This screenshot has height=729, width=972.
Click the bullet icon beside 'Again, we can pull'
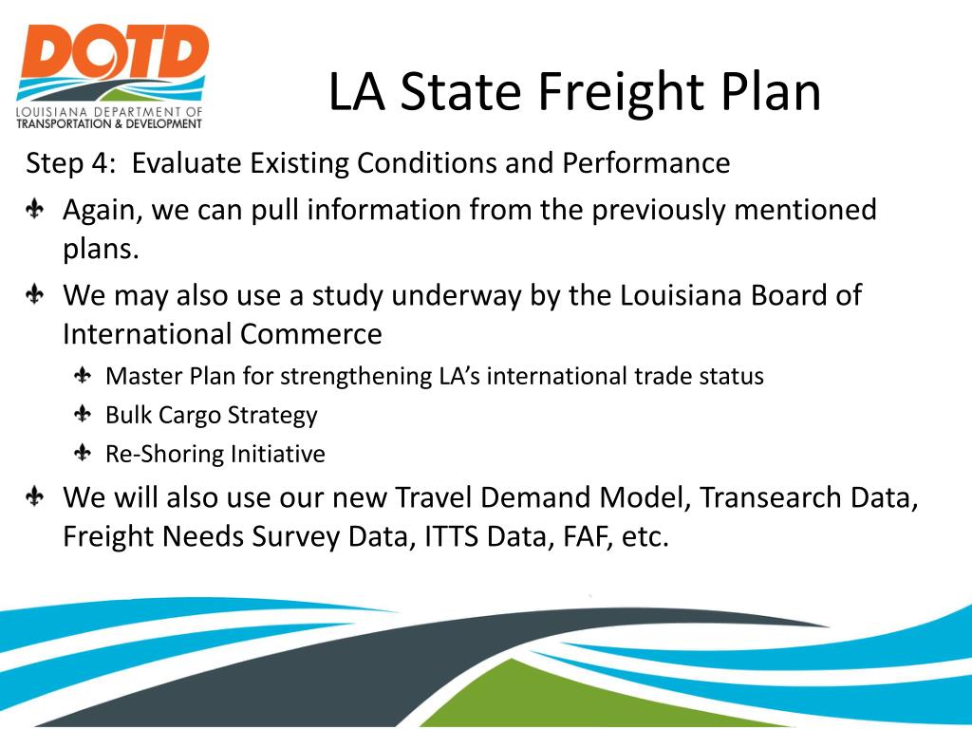(35, 210)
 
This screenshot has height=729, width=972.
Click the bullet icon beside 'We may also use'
(35, 295)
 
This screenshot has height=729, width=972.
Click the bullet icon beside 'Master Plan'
(83, 376)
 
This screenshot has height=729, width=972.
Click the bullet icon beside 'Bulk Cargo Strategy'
(83, 415)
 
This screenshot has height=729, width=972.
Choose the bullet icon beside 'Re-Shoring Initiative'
(83, 454)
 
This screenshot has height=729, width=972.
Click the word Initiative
(282, 454)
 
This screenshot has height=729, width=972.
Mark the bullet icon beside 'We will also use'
(35, 497)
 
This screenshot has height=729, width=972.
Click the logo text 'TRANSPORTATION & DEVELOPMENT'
(109, 123)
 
